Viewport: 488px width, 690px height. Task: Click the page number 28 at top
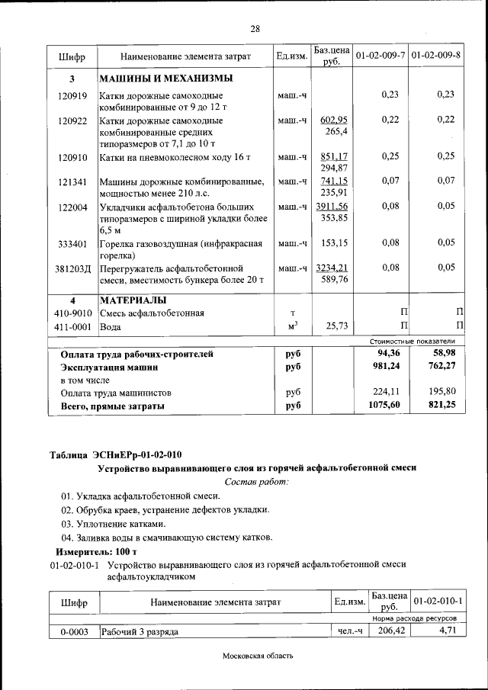pos(255,28)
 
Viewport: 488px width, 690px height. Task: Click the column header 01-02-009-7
pos(380,56)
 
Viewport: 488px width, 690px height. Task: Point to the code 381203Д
pos(72,268)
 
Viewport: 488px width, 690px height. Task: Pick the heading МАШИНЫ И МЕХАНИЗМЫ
pos(165,79)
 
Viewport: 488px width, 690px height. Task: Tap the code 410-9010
pos(73,313)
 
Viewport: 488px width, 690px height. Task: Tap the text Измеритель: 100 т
pos(95,551)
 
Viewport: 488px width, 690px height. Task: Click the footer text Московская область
pos(258,656)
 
